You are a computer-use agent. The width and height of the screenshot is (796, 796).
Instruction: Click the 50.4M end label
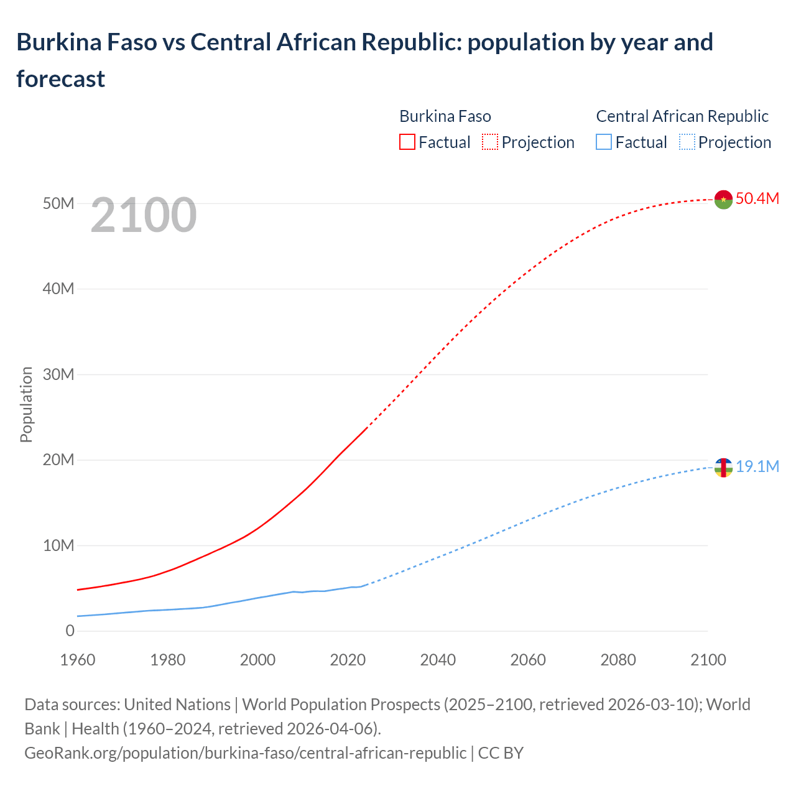coord(757,199)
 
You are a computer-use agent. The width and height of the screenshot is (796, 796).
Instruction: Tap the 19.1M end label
coord(757,467)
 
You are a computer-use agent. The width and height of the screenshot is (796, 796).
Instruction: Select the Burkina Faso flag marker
coord(723,200)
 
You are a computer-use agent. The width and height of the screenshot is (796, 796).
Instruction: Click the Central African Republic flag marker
coord(723,468)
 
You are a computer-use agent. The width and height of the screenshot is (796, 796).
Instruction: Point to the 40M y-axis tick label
coord(58,289)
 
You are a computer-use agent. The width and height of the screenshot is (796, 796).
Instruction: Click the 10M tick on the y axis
coord(58,546)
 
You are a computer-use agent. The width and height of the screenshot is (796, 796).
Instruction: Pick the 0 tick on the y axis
coord(70,631)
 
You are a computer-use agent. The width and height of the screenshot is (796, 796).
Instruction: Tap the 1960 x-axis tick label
coord(78,660)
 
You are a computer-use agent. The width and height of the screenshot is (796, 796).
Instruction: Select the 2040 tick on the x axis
coord(438,660)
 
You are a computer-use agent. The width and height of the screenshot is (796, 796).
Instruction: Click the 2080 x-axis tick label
coord(618,660)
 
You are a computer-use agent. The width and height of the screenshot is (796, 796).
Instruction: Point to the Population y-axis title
coord(26,405)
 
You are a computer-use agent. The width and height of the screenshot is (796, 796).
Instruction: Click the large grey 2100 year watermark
coord(144,215)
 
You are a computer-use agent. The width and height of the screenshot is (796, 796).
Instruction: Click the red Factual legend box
coord(407,142)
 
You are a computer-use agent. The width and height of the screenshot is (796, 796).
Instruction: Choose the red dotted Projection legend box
coord(490,142)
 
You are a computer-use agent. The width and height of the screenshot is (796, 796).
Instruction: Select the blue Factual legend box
coord(604,142)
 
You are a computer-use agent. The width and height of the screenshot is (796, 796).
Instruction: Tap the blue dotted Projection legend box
coord(687,142)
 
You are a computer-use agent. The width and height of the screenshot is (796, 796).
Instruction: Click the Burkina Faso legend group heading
coord(445,116)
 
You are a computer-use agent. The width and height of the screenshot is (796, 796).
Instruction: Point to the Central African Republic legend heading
coord(682,116)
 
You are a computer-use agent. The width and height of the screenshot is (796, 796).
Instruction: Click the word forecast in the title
coord(61,79)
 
